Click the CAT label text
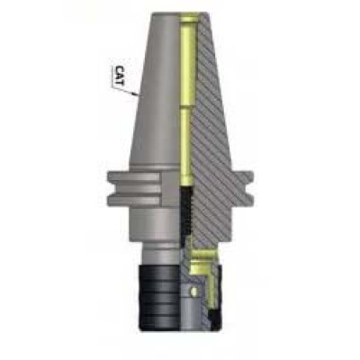120,76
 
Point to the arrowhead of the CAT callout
136,94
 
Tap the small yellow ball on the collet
194,291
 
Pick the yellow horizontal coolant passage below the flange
204,255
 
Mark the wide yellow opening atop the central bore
188,20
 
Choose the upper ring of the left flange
134,177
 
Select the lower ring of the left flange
134,200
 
